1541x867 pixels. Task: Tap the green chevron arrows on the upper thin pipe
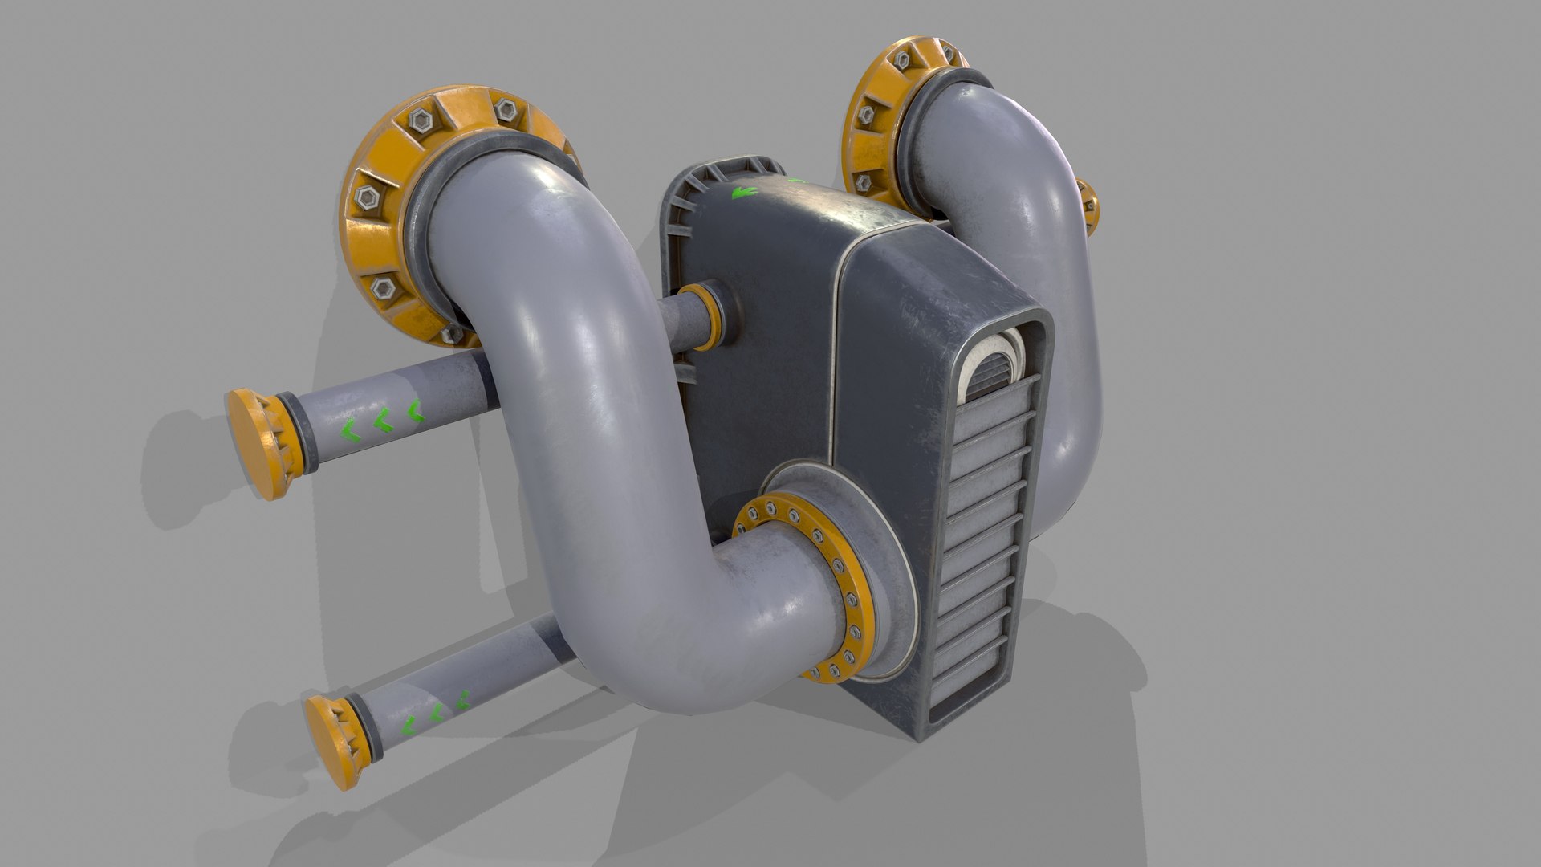click(x=380, y=423)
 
